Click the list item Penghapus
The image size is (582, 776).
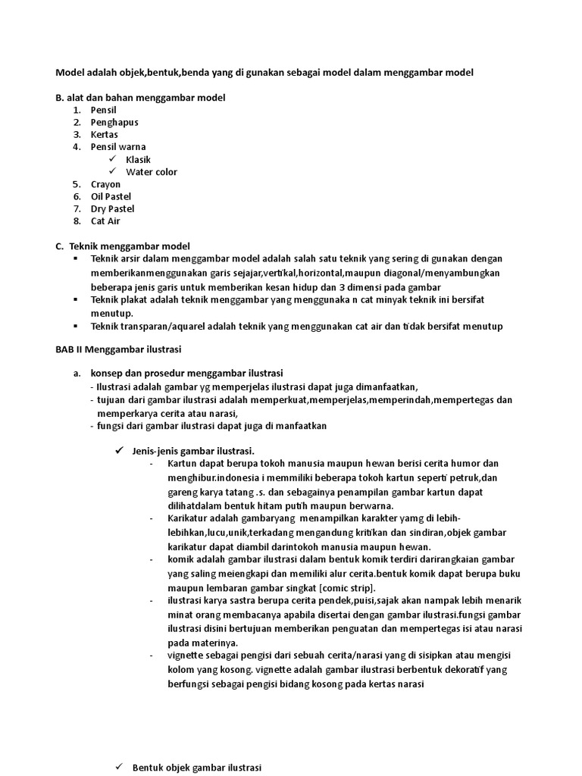(x=114, y=122)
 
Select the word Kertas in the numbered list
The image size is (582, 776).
(x=105, y=134)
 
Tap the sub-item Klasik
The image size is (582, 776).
(x=138, y=159)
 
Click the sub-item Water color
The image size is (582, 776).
(x=152, y=172)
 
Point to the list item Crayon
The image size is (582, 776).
(x=105, y=184)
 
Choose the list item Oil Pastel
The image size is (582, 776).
(x=111, y=196)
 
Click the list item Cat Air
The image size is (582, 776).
(x=105, y=221)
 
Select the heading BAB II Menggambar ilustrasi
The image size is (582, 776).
(x=118, y=349)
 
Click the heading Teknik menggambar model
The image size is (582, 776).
(x=130, y=246)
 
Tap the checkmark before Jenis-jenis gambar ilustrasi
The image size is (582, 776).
(x=119, y=450)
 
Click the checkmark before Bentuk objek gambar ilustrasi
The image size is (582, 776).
(x=119, y=767)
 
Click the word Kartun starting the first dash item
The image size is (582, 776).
(x=183, y=464)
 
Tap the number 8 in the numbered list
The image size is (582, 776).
(x=77, y=221)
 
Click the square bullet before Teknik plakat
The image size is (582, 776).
(x=76, y=300)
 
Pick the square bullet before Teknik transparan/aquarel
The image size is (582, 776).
(x=76, y=327)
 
